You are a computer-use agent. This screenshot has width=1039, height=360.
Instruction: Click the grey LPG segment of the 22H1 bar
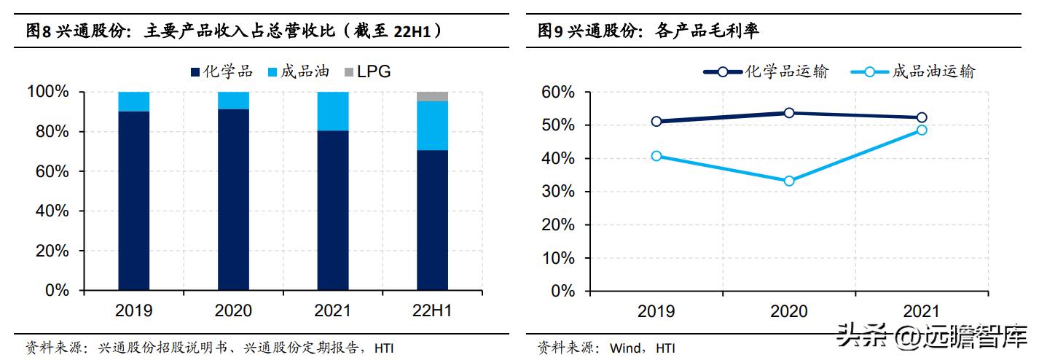432,96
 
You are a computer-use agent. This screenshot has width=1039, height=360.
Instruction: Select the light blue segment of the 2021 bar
332,111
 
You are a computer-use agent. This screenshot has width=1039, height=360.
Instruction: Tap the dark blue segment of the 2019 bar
133,200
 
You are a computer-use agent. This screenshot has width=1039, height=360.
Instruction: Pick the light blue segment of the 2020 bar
233,101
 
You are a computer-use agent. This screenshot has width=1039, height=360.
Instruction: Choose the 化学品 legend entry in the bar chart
221,71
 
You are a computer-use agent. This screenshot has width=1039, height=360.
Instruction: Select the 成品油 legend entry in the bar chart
299,71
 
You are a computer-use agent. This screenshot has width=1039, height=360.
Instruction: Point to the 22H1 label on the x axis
432,310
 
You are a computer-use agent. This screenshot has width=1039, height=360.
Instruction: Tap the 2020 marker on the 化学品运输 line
789,113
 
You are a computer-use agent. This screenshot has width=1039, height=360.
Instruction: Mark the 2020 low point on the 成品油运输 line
789,181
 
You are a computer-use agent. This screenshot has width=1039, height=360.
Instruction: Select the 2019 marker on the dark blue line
656,121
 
